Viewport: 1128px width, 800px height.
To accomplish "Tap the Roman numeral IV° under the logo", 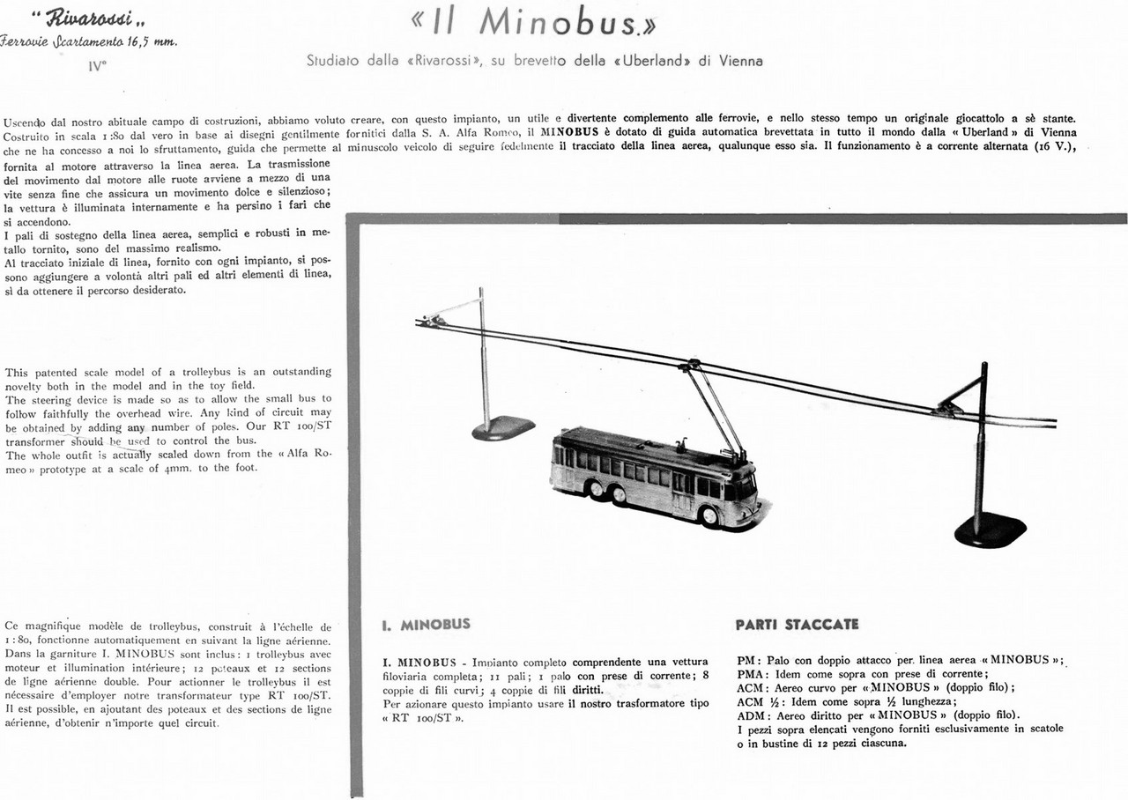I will (97, 63).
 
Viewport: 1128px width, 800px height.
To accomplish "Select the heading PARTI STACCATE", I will (797, 625).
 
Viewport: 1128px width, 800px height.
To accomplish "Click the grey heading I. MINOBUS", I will (427, 625).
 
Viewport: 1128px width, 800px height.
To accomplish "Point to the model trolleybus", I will (656, 476).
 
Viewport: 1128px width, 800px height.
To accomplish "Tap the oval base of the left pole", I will (503, 428).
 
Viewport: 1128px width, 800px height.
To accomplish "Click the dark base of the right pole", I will (991, 530).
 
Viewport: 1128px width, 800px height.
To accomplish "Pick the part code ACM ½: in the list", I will (761, 701).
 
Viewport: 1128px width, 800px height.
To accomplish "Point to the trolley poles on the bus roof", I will (714, 410).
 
